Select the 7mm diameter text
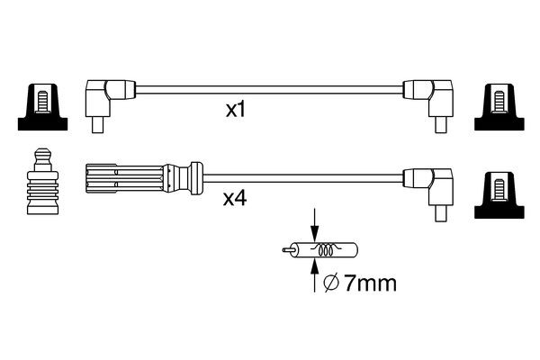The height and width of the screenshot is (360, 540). [x=369, y=284]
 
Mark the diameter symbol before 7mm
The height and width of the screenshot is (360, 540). [x=328, y=284]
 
